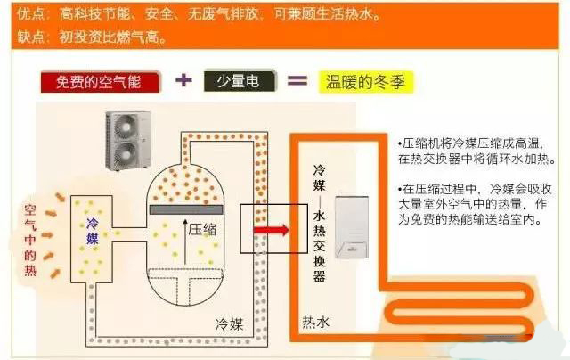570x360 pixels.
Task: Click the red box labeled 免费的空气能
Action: (100, 82)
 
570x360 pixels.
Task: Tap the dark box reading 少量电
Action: (240, 80)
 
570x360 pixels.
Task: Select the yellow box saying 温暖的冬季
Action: (366, 81)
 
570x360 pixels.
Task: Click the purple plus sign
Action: (183, 79)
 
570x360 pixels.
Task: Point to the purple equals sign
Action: (297, 80)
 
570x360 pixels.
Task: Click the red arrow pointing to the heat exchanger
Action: (271, 230)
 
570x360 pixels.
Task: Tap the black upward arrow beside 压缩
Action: (185, 241)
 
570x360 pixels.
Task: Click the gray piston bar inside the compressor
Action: (186, 209)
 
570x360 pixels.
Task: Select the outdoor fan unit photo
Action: (128, 141)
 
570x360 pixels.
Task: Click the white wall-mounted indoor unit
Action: (352, 227)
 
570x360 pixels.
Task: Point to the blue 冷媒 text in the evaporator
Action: (93, 232)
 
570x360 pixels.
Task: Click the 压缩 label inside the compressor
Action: (202, 229)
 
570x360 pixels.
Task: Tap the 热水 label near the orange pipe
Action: (316, 322)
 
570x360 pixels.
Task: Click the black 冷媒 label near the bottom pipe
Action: (229, 324)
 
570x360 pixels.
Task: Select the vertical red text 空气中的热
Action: (30, 241)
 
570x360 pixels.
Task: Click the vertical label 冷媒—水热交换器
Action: (319, 224)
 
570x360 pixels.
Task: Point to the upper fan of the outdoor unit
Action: (126, 126)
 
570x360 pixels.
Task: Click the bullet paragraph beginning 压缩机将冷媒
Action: (476, 151)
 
